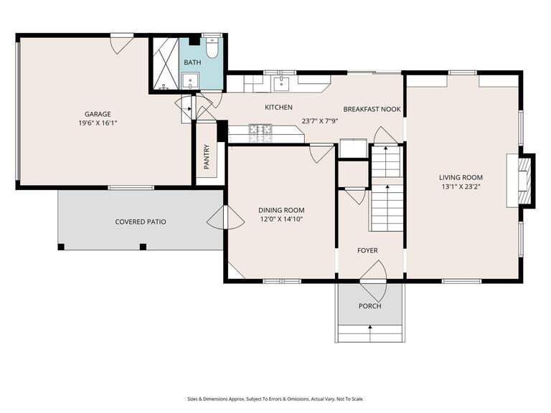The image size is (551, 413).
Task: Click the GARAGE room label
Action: click(98, 114)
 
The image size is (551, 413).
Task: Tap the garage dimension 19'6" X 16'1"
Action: click(98, 123)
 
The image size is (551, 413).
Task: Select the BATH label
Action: click(192, 63)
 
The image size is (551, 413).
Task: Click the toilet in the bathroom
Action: click(212, 48)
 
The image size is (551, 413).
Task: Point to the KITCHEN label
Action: click(278, 108)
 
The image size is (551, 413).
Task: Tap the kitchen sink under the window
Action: click(283, 82)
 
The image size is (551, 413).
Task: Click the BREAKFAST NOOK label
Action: click(372, 110)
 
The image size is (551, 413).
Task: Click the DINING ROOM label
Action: click(281, 210)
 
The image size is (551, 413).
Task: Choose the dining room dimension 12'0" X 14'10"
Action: click(281, 219)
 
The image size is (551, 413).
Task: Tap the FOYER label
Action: click(368, 250)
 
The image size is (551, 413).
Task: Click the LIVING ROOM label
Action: click(461, 178)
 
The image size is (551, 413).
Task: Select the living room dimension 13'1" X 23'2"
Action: click(461, 187)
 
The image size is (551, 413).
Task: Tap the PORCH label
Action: click(370, 306)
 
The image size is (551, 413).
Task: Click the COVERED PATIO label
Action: click(141, 222)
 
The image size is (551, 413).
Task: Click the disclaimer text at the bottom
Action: click(275, 399)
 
